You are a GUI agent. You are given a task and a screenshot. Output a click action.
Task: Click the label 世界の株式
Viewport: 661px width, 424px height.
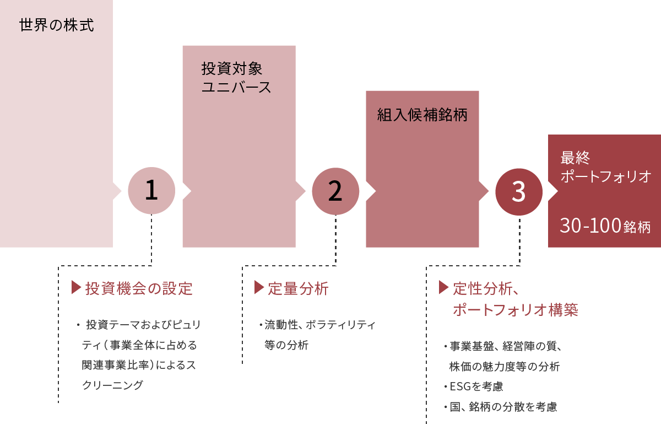pyautogui.click(x=57, y=25)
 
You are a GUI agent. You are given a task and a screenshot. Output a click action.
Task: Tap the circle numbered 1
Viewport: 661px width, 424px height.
pyautogui.click(x=151, y=191)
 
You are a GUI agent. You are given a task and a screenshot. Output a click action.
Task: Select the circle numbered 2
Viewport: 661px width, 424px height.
pyautogui.click(x=335, y=191)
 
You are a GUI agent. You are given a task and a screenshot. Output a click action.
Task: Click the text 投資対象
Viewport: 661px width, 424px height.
pyautogui.click(x=231, y=69)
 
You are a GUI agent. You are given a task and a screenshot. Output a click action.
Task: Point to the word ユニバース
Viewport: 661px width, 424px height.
pyautogui.click(x=236, y=88)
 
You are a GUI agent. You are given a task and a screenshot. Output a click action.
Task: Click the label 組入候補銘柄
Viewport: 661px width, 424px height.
pyautogui.click(x=422, y=115)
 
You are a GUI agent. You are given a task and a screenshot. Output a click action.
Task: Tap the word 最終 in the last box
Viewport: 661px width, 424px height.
pyautogui.click(x=575, y=158)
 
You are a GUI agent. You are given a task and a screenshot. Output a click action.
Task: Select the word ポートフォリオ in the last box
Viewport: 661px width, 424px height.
pyautogui.click(x=605, y=176)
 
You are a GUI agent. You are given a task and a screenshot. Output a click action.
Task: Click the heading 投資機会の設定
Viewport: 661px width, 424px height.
pyautogui.click(x=138, y=288)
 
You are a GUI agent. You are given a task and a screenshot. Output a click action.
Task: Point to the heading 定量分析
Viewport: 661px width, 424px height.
pyautogui.click(x=298, y=288)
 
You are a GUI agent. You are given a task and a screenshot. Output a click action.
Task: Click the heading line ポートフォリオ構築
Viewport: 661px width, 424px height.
pyautogui.click(x=515, y=309)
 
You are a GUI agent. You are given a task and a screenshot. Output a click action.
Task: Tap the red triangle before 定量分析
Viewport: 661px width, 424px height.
pyautogui.click(x=259, y=287)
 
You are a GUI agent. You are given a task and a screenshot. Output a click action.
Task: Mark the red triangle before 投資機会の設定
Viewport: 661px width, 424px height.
pyautogui.click(x=77, y=287)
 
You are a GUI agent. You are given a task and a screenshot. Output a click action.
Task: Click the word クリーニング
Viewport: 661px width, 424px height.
pyautogui.click(x=112, y=385)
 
